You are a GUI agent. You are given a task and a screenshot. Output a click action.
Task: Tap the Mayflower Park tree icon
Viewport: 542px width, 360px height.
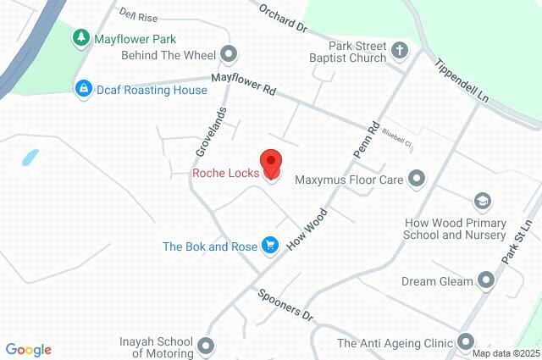80,37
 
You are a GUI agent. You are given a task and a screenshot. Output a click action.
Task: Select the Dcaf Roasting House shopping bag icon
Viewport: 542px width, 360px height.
83,89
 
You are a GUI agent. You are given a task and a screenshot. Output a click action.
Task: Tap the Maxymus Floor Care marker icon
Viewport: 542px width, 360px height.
417,179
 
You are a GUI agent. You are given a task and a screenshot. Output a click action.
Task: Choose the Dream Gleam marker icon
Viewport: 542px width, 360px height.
486,280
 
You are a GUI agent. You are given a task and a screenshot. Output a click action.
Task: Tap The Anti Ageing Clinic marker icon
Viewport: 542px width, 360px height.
465,342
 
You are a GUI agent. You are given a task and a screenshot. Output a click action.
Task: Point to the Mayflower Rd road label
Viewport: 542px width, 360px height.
244,83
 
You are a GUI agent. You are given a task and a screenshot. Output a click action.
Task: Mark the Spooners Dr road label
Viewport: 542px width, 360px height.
285,303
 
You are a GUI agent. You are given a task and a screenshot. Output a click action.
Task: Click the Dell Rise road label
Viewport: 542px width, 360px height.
140,14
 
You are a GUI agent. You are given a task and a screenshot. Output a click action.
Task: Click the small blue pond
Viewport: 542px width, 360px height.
30,158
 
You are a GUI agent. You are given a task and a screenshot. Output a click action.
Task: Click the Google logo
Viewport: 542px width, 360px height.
28,350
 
